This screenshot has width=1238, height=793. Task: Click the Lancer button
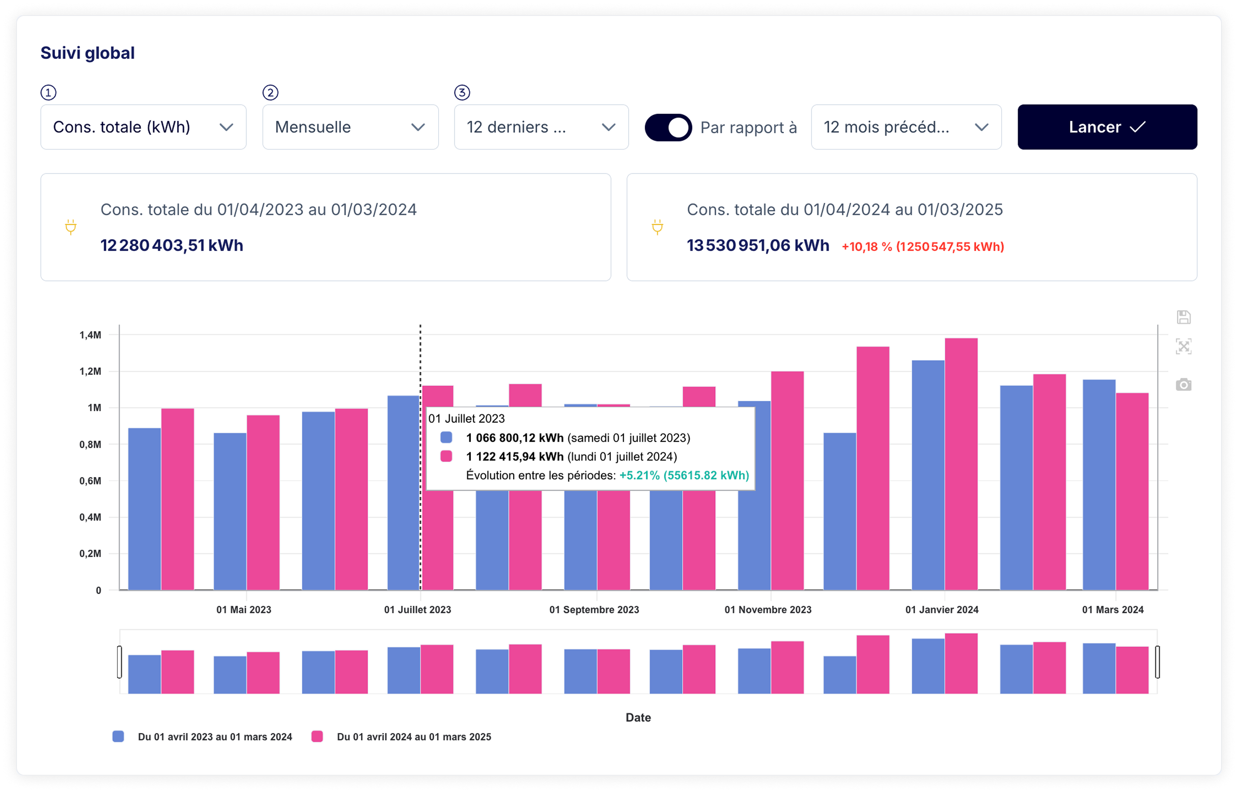(1107, 127)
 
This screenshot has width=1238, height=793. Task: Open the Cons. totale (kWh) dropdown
(143, 127)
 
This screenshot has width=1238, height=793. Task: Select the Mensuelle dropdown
(350, 127)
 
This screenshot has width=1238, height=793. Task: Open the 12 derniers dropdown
(541, 127)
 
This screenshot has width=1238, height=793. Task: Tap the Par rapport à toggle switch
(668, 128)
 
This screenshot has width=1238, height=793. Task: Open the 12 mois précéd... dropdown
(906, 127)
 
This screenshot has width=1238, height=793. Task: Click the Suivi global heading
(88, 53)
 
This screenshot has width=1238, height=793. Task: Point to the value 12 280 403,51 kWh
(172, 246)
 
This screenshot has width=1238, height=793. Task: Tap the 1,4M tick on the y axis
(90, 335)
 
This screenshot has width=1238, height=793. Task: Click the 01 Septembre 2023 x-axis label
(594, 610)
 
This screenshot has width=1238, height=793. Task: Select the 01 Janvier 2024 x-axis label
(942, 610)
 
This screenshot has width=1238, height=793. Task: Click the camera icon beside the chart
(1184, 385)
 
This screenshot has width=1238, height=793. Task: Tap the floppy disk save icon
(1184, 317)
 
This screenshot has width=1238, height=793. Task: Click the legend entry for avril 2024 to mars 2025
(413, 737)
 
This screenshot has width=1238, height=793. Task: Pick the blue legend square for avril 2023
(118, 737)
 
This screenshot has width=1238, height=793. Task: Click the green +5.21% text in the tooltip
(684, 475)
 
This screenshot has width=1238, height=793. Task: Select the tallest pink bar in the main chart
(962, 463)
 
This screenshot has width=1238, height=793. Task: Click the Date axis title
(638, 717)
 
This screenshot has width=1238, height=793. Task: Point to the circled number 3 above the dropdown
(462, 93)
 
